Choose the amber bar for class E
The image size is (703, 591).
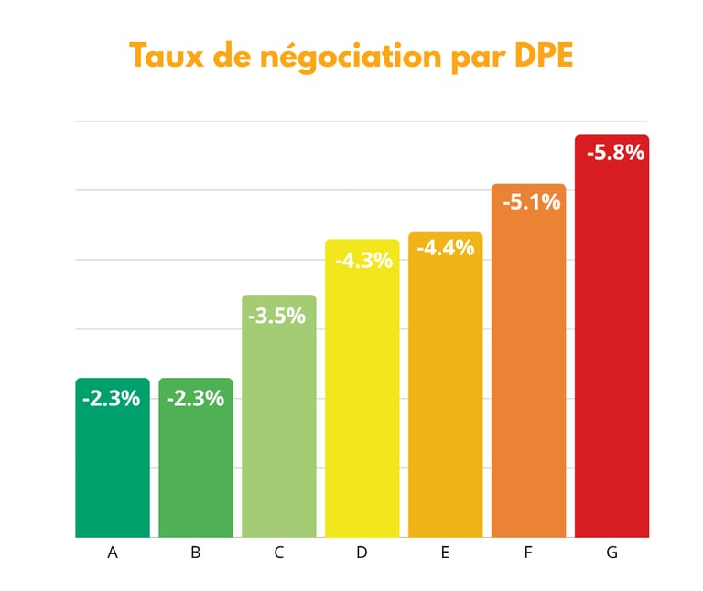pos(445,403)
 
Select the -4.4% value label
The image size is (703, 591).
pos(446,248)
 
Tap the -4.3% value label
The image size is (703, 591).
pos(363,260)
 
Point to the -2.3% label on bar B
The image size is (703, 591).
pos(195,399)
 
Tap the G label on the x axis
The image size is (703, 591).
pos(611,553)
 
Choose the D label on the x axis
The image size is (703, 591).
pos(362,553)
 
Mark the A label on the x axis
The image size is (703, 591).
pos(113,553)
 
